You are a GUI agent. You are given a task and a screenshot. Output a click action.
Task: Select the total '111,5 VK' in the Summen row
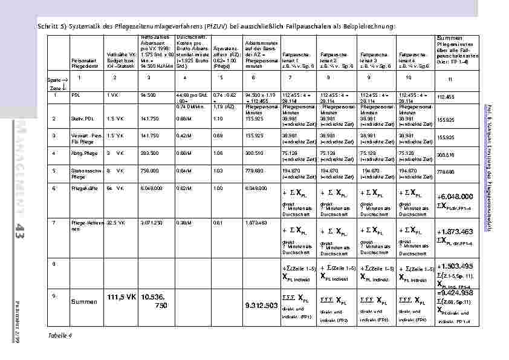[121, 297]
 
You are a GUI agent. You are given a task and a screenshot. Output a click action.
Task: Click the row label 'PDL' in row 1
[76, 96]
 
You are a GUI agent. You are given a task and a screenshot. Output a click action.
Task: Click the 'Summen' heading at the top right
[449, 38]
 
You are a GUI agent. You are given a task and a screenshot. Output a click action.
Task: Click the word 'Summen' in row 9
[83, 301]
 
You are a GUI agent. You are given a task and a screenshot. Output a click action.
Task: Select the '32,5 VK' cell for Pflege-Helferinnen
[115, 223]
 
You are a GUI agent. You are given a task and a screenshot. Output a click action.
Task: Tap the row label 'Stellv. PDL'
[81, 119]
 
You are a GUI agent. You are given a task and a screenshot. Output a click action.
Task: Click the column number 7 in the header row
[290, 78]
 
